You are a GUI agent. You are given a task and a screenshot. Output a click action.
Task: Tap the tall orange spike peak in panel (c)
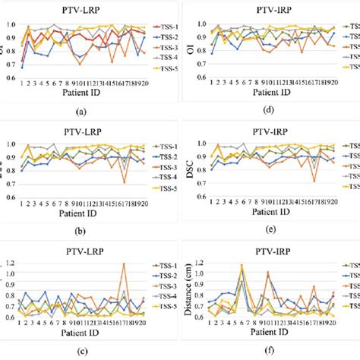[124, 264]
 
